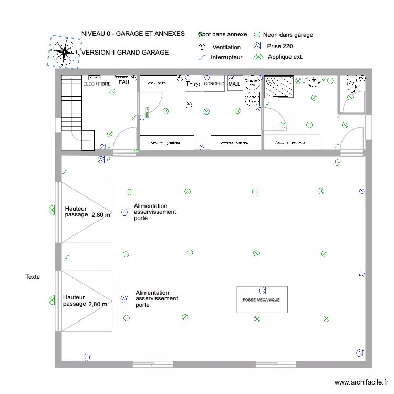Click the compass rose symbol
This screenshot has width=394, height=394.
pyautogui.click(x=64, y=51)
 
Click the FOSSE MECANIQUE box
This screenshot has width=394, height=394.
pyautogui.click(x=262, y=300)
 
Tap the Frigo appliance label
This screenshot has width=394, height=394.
pyautogui.click(x=193, y=84)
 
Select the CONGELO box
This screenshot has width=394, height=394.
pyautogui.click(x=214, y=84)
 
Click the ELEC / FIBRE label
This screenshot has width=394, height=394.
pyautogui.click(x=97, y=84)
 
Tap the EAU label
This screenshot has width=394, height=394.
pyautogui.click(x=123, y=82)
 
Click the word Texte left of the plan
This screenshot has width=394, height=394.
pyautogui.click(x=33, y=276)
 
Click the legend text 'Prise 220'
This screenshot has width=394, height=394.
pyautogui.click(x=280, y=46)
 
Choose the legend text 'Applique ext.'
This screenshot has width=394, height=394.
pyautogui.click(x=285, y=57)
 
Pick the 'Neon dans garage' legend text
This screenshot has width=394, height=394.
pyautogui.click(x=288, y=35)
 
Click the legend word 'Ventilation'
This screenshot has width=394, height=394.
pyautogui.click(x=226, y=47)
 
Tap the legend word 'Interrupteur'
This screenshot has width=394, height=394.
pyautogui.click(x=226, y=57)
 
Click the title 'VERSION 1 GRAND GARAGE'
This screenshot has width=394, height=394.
pyautogui.click(x=125, y=53)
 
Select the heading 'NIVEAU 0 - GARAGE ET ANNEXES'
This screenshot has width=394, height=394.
pyautogui.click(x=133, y=34)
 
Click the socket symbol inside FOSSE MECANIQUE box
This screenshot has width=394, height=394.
pyautogui.click(x=262, y=291)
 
